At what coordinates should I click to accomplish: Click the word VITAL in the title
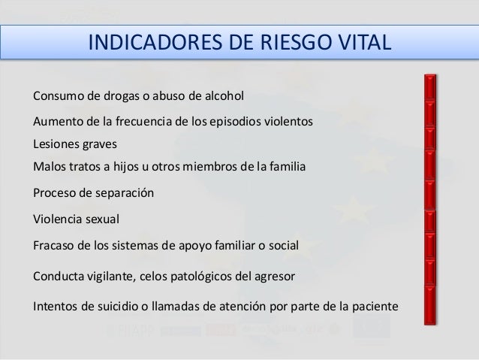[363, 41]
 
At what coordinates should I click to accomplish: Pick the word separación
[124, 193]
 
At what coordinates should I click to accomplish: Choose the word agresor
[273, 276]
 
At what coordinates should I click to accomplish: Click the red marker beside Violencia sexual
[431, 219]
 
